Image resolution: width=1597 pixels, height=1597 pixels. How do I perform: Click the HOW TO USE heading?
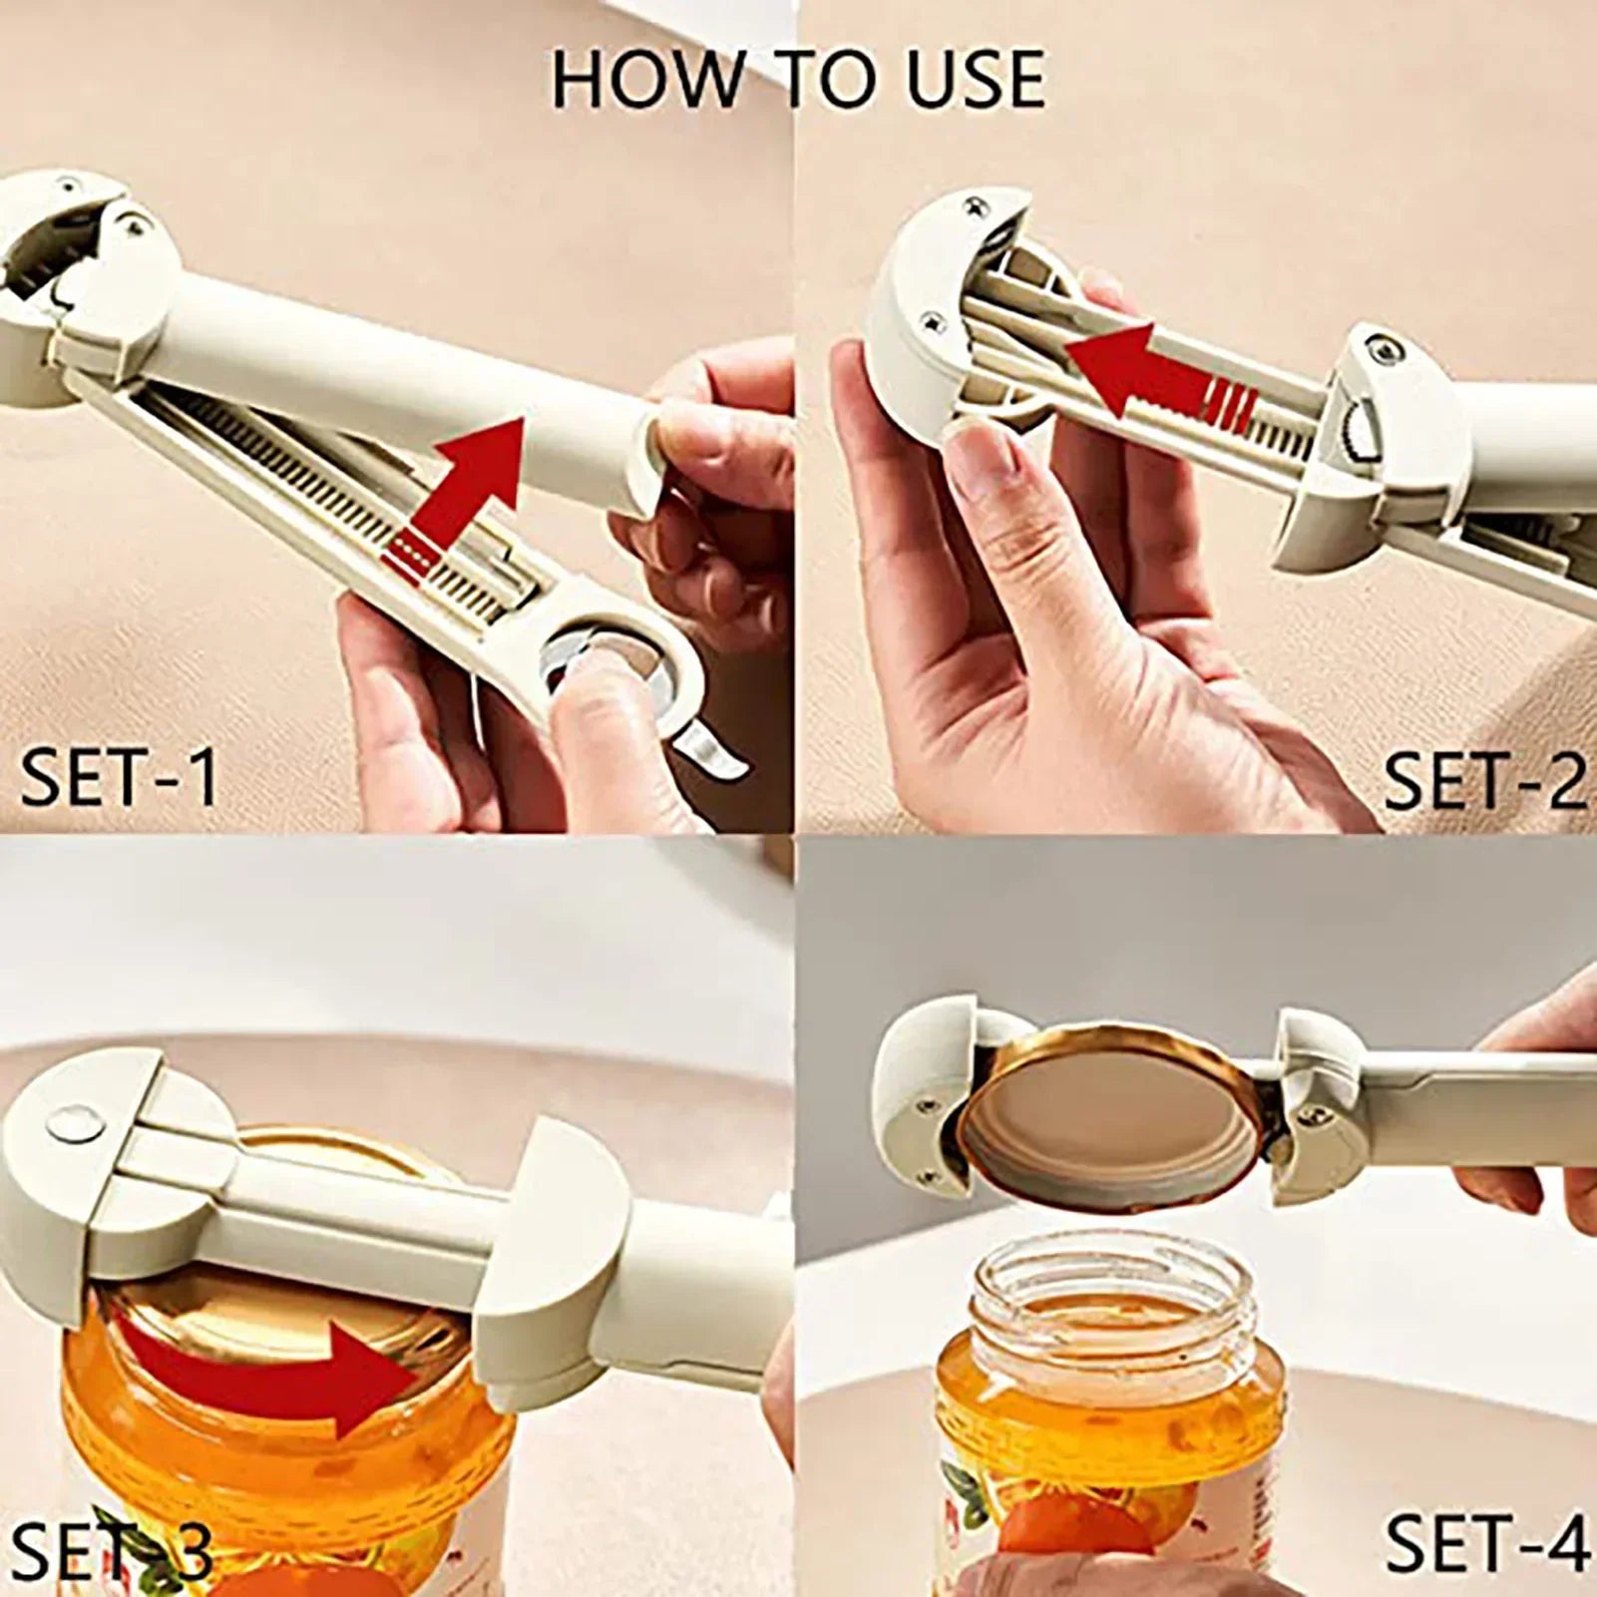pos(798,79)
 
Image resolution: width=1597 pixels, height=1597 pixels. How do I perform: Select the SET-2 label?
pos(1483,781)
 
